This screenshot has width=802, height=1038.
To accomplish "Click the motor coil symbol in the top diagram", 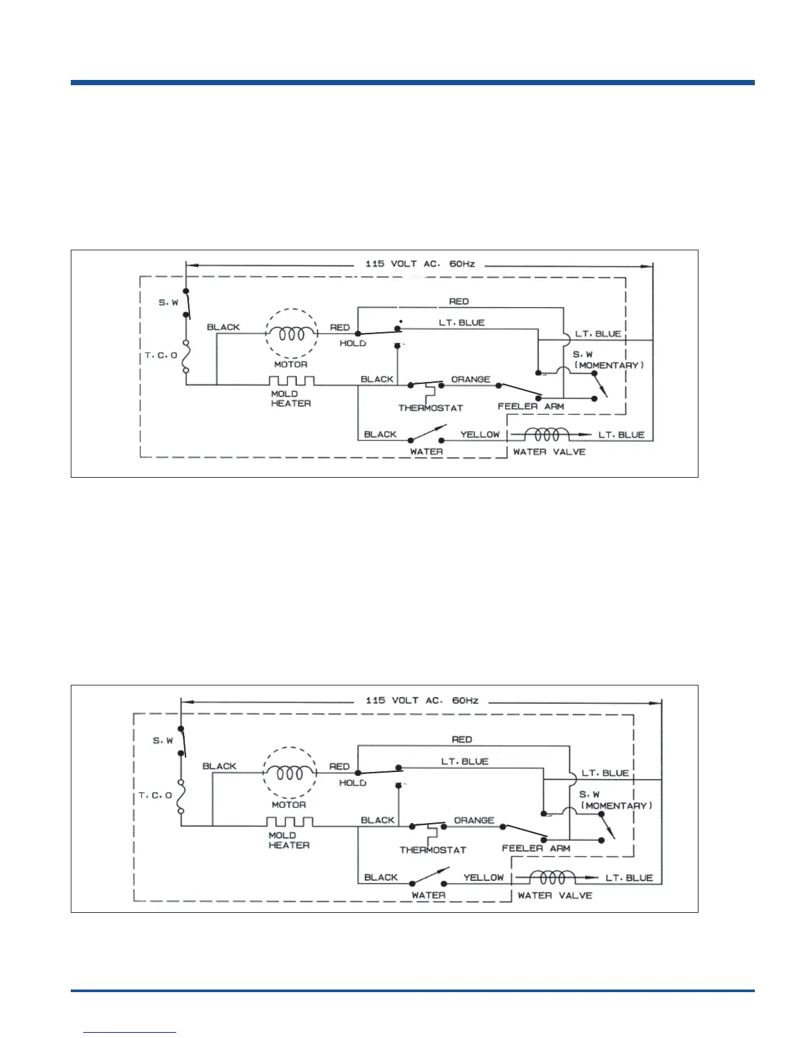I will [x=291, y=334].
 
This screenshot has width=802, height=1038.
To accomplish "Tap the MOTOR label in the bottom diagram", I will [x=289, y=804].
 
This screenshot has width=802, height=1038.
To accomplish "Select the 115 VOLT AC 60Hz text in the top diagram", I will [x=420, y=264].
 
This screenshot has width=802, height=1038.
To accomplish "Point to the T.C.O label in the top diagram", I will [x=161, y=355].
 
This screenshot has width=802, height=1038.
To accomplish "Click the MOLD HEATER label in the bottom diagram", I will [x=289, y=840].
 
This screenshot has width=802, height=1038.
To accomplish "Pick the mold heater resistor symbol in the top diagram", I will [x=291, y=381].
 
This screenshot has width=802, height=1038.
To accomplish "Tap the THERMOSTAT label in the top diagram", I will [x=430, y=408].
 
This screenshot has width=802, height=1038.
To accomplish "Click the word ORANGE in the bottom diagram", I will [x=474, y=820].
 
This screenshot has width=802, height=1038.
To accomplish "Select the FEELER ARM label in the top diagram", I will [x=531, y=406].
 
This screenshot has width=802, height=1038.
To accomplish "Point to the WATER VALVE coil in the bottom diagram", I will [x=552, y=877].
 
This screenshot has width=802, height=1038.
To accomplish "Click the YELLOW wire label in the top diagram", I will [x=480, y=434].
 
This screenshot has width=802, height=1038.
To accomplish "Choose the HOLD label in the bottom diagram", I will [x=353, y=782].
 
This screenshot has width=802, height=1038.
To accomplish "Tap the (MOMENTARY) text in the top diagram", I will [x=609, y=365].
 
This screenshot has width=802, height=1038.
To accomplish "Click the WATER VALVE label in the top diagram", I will [x=549, y=452].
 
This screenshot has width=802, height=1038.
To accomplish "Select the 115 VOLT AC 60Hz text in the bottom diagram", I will [x=422, y=701].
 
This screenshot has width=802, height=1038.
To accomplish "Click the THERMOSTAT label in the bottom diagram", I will [x=432, y=850].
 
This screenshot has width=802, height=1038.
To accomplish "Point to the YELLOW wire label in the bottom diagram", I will [x=484, y=877].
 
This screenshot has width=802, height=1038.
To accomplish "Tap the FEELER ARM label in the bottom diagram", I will [x=536, y=848].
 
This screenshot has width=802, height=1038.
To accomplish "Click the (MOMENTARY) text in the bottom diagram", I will [x=617, y=805].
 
